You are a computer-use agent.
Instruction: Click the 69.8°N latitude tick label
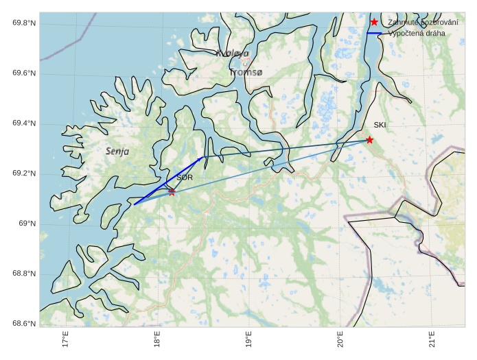coord(24,23)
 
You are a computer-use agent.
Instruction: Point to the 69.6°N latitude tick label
coord(24,73)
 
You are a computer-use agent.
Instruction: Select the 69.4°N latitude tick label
coord(24,123)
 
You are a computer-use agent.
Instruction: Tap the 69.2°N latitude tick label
coord(24,173)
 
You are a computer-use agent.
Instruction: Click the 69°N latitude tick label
coord(27,224)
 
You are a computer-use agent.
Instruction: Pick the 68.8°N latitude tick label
coord(24,274)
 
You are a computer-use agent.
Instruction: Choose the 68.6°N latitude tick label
coord(24,324)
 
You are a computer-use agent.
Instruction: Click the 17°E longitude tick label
coord(65,339)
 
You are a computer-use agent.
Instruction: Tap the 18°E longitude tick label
coord(157,339)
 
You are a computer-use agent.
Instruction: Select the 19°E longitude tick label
coord(248,339)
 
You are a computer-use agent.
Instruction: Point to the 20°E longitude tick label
coord(340,339)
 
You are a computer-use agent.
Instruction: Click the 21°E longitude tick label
coord(432,339)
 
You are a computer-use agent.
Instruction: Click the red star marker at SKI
coord(369,140)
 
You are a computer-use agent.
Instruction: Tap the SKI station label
coord(380,125)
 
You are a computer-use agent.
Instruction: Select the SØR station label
coord(185,178)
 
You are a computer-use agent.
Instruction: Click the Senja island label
coord(117,151)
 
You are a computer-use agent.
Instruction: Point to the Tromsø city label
coord(246,72)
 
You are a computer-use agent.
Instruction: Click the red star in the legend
coord(374,22)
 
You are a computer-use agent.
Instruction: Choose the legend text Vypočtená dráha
coord(417,33)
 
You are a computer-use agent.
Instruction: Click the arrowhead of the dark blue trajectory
coord(201,158)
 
